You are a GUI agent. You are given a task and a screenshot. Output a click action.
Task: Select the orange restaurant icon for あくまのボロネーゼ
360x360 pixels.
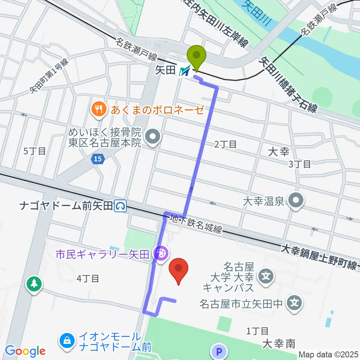click(99, 110)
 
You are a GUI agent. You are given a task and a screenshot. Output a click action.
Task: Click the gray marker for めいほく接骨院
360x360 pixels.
click(153, 138)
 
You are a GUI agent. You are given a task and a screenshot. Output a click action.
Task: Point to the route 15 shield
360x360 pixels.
click(97, 159)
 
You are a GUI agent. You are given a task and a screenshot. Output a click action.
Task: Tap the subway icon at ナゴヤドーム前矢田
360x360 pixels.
click(121, 205)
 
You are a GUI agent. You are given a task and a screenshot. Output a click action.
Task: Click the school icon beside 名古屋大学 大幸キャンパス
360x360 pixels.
click(267, 277)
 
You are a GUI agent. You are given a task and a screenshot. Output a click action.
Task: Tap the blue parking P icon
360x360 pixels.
click(220, 352)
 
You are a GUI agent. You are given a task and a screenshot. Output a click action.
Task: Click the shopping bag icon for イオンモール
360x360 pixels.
click(67, 340)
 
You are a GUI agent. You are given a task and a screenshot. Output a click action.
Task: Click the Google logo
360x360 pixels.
click(25, 351)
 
